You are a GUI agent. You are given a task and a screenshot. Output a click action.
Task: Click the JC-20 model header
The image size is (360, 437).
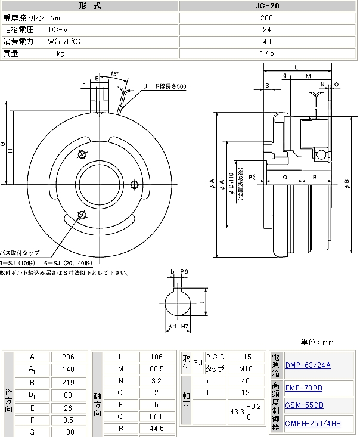coord(267,5)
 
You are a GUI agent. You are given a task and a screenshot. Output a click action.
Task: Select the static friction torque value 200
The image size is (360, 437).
coord(267,18)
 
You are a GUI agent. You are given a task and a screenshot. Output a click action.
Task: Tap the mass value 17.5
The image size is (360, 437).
coord(267,53)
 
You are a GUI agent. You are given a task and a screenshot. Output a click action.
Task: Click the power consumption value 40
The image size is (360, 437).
coord(267,41)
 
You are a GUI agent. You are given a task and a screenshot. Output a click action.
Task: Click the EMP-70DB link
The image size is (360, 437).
coord(303,388)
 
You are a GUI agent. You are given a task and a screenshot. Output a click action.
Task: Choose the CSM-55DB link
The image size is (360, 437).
coord(304,405)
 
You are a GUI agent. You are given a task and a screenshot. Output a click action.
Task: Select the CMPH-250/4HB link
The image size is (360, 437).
coord(313,424)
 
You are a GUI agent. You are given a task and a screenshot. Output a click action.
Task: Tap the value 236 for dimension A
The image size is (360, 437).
coord(69,357)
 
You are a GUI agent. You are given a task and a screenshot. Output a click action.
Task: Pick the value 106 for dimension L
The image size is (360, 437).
coord(156,357)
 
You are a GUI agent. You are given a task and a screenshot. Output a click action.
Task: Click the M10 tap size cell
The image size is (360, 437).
coord(245,369)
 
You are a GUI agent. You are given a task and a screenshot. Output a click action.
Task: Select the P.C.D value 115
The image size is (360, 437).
coord(245,357)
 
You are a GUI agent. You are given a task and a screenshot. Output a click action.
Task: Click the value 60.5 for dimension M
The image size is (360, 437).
coord(156,369)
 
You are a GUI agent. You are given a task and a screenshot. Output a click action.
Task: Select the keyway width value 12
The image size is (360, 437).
coord(245,393)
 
